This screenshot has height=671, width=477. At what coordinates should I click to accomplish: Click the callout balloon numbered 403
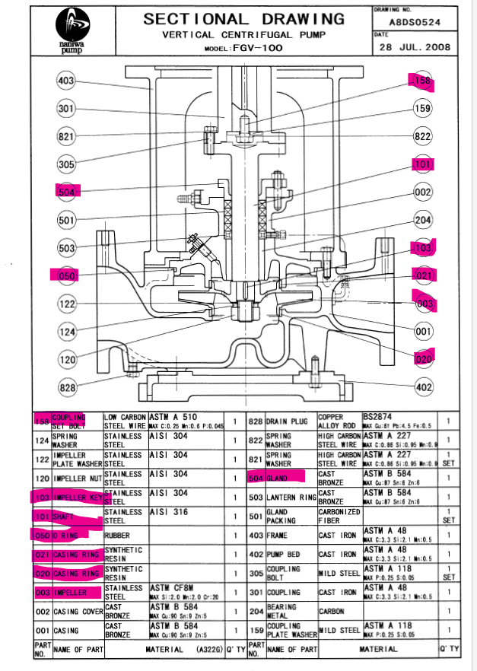pyautogui.click(x=67, y=81)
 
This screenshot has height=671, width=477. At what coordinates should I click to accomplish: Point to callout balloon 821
pyautogui.click(x=67, y=137)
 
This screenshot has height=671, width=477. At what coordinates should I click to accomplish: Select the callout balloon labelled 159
pyautogui.click(x=422, y=109)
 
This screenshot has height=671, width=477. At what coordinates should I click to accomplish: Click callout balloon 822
pyautogui.click(x=422, y=136)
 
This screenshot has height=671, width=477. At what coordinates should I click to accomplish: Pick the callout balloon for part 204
pyautogui.click(x=423, y=221)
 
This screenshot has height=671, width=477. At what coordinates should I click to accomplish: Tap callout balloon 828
pyautogui.click(x=68, y=388)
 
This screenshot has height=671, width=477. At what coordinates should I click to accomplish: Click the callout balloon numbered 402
pyautogui.click(x=423, y=387)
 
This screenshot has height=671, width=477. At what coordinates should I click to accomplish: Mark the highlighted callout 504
pyautogui.click(x=67, y=192)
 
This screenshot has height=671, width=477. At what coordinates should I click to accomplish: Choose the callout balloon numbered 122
pyautogui.click(x=67, y=304)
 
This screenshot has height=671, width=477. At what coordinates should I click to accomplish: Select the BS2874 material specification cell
pyautogui.click(x=377, y=416)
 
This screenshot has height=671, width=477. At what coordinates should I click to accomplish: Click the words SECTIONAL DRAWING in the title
pyautogui.click(x=243, y=20)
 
